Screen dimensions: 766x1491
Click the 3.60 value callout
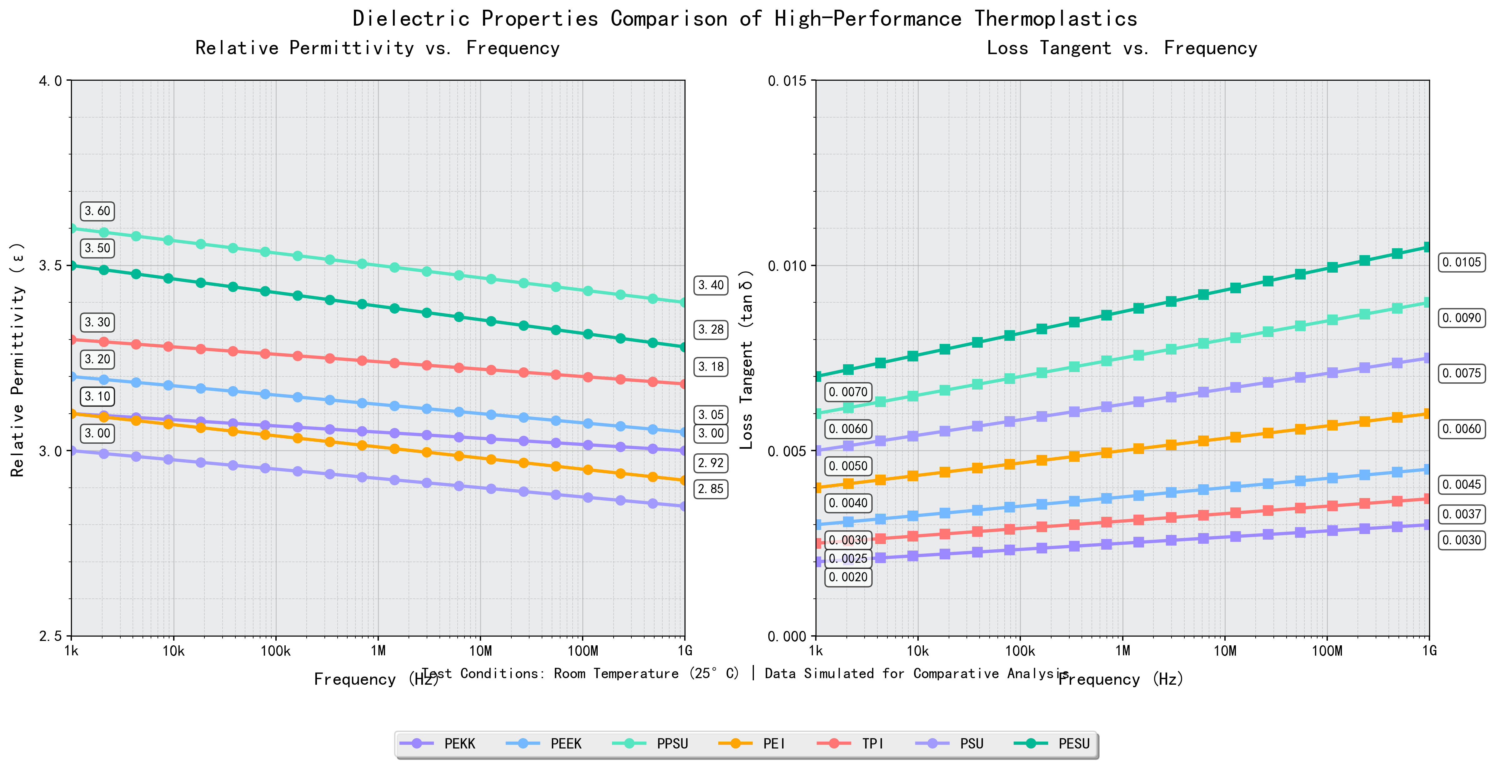click(x=97, y=211)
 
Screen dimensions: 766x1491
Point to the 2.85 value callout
click(x=711, y=489)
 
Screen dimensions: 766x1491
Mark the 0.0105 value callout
click(x=1462, y=262)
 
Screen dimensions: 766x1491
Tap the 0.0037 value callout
click(x=1462, y=514)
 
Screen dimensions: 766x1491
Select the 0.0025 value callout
click(x=848, y=559)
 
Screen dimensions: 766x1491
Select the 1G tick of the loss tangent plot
click(x=1429, y=651)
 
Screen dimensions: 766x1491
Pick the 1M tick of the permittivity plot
click(x=378, y=651)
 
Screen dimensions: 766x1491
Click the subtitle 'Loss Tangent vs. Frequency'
click(x=1122, y=48)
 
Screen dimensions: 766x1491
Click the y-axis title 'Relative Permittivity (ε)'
click(x=18, y=359)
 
